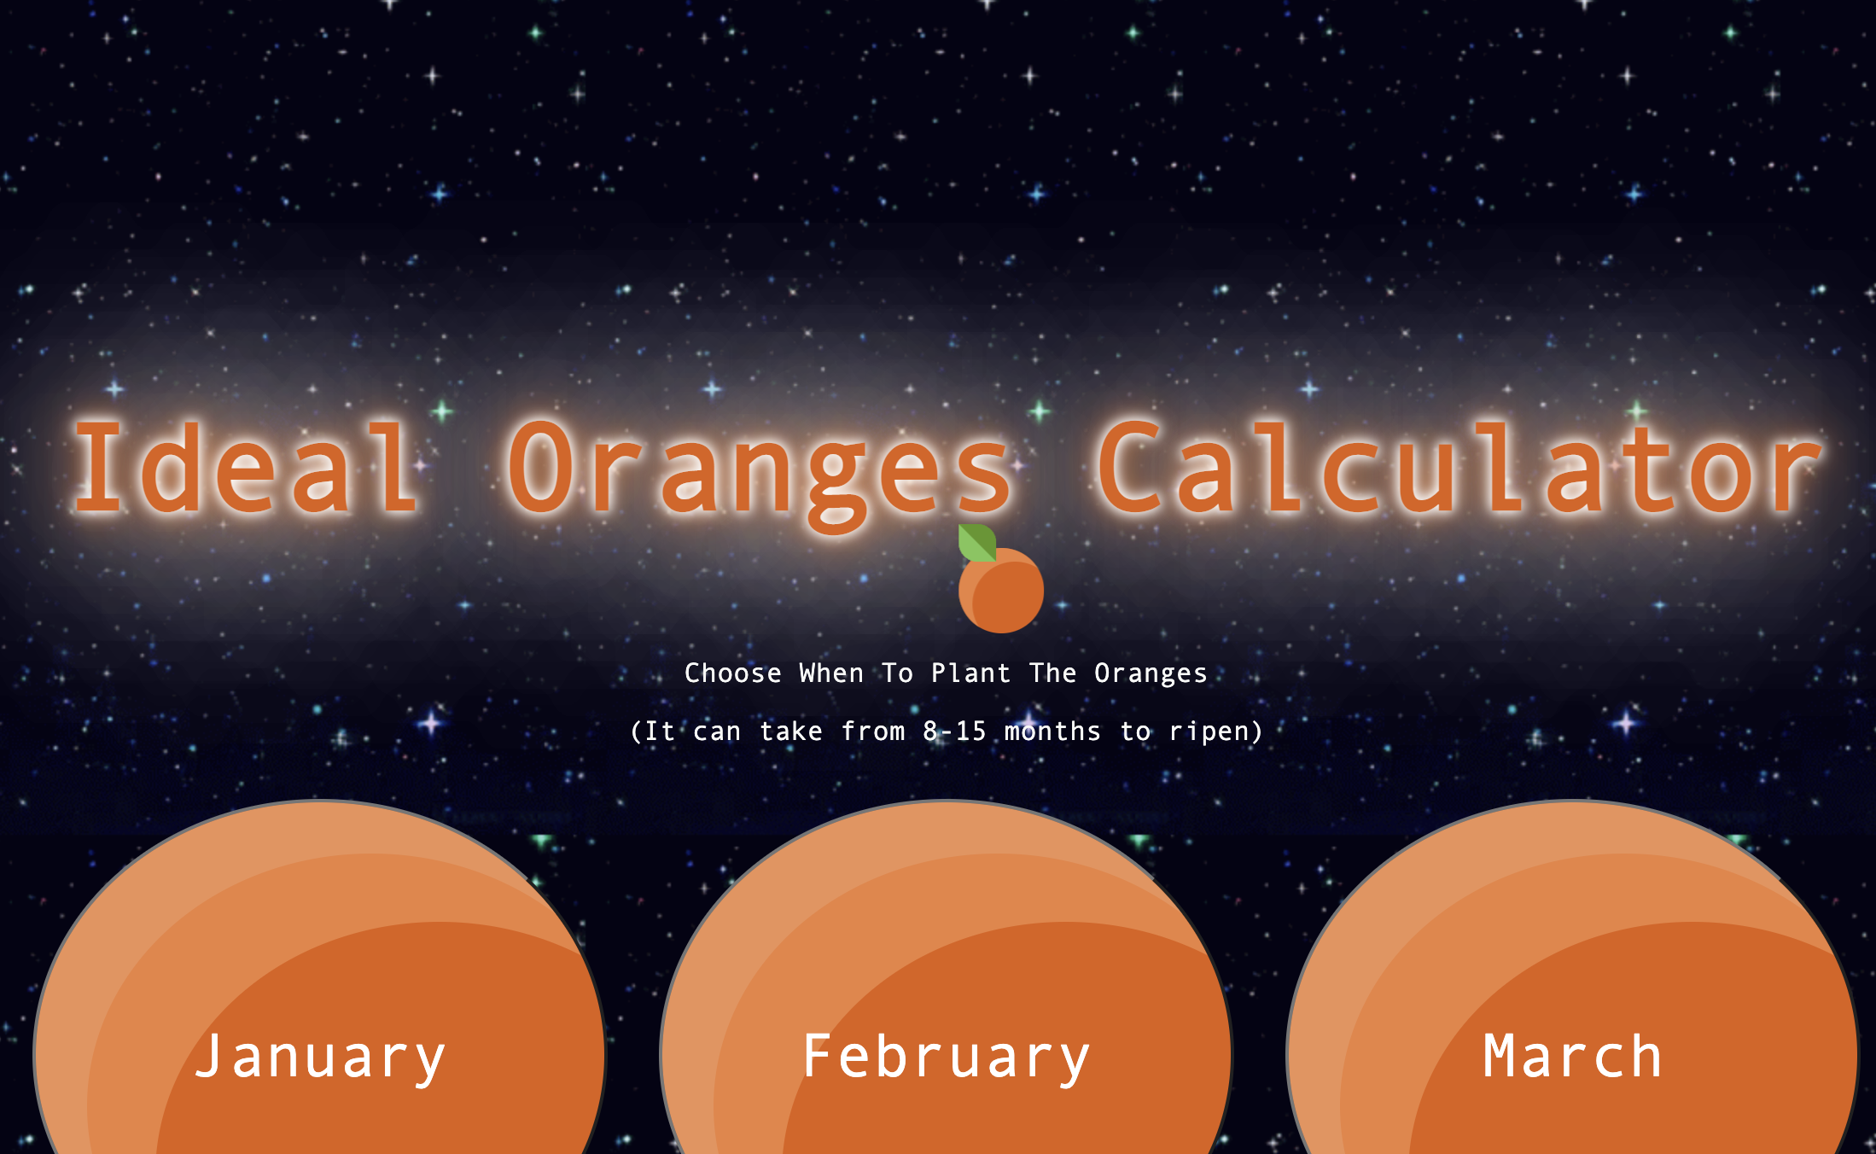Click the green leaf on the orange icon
pos(977,543)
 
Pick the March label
pos(1572,1057)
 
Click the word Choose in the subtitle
pos(733,673)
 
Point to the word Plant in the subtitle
pos(970,673)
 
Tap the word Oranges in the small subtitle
pos(1151,674)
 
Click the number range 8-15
pos(954,731)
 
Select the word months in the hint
pos(1052,731)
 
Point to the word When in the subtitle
pos(831,673)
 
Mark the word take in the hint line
pos(791,731)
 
